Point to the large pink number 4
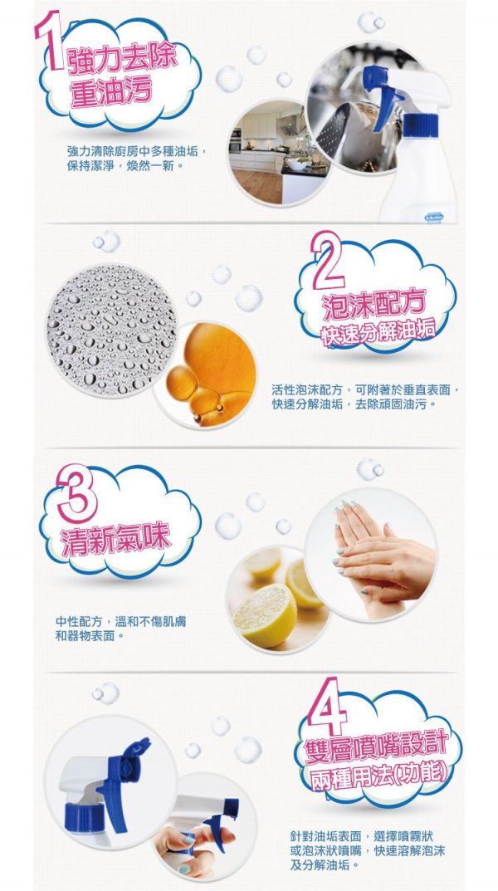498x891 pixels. (328, 706)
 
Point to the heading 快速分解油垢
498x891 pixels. (377, 337)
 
